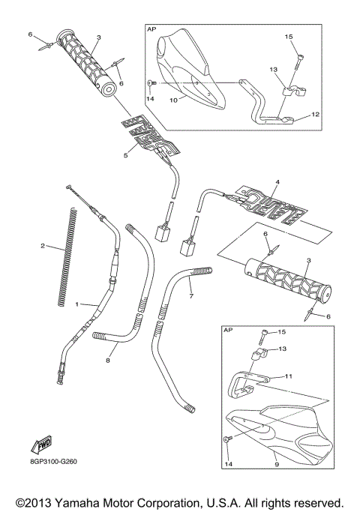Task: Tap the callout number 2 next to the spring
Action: (43, 244)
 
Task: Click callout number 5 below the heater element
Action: (127, 155)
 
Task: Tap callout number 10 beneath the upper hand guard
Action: (172, 98)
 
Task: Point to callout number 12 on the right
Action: (315, 115)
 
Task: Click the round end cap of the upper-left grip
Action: (109, 91)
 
